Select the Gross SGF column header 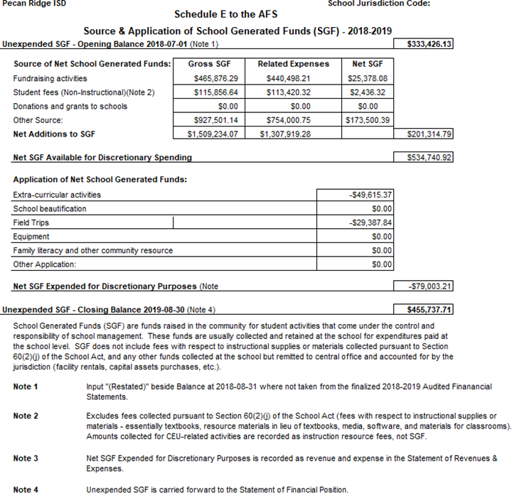pos(211,64)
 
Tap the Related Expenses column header pos(293,64)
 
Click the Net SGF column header pos(368,64)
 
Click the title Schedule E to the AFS pos(226,14)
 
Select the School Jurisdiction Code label pos(379,4)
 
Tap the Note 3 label pos(26,458)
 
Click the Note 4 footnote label pos(26,490)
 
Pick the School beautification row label pos(50,209)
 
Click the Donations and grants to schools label pos(70,107)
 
